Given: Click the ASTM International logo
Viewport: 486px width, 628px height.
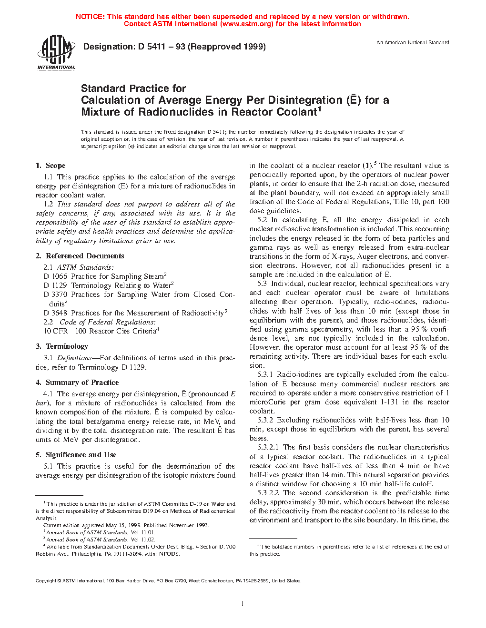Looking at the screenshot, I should point(56,53).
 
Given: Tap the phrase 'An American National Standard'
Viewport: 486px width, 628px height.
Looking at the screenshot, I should point(413,43).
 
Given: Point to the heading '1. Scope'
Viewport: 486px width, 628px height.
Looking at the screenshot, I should point(51,166).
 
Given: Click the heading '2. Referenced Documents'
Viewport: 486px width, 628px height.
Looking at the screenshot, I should point(80,256).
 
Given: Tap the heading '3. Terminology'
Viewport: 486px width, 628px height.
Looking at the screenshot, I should point(62,346).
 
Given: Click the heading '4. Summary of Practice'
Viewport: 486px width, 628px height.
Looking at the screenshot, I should point(77,383).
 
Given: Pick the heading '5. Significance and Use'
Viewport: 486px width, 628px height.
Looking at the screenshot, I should point(76,455).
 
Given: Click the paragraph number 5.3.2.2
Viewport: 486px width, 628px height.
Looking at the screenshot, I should point(268,493).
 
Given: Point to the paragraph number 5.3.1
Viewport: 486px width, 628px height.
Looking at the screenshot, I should point(265,374).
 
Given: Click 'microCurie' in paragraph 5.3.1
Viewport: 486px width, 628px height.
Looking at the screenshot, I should point(268,402).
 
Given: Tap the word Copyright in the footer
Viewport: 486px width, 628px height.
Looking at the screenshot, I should point(46,581).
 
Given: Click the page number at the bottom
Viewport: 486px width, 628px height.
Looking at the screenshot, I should point(243,604).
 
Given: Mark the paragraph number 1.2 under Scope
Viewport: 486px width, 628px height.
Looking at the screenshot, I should point(48,204).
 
